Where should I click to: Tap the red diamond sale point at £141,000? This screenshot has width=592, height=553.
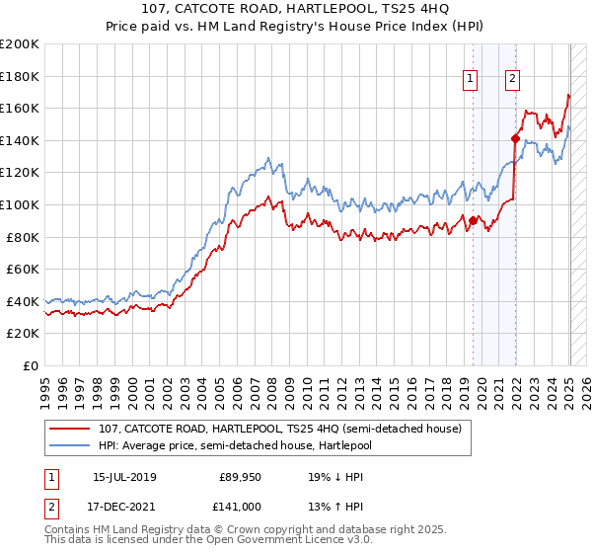[515, 138]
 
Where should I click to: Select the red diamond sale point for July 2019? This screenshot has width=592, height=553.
[473, 220]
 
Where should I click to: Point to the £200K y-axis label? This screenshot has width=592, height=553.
[20, 44]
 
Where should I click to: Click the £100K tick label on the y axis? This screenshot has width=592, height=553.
[20, 204]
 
